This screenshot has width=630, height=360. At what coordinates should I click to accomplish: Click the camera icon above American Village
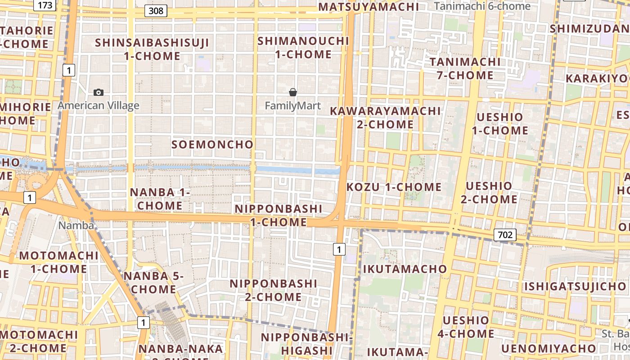99,92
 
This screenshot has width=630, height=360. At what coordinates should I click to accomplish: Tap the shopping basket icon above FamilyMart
293,92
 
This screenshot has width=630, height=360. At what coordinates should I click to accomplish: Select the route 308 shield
156,10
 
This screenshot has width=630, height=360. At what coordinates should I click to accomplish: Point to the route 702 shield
505,234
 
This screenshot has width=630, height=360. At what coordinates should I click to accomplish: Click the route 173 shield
45,5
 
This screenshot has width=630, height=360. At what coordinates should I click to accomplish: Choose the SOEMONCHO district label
212,144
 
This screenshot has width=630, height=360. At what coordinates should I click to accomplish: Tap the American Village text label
99,106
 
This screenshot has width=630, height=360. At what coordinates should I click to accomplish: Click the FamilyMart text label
293,106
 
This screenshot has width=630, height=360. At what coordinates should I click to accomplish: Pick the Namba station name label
76,225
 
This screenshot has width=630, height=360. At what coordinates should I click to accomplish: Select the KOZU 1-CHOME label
394,187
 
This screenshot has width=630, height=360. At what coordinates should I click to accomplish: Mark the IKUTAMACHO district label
405,269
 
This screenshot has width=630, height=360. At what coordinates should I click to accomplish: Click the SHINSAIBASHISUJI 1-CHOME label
152,49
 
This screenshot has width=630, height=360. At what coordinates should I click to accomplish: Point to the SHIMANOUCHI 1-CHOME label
303,48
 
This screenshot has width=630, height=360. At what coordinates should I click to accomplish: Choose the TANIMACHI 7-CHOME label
465,68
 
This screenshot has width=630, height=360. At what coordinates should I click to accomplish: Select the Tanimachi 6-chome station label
482,6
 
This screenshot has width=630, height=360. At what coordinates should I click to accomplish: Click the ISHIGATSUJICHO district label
575,286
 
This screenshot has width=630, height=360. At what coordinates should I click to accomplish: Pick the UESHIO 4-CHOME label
466,327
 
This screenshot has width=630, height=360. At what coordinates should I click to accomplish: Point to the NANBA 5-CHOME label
154,283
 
